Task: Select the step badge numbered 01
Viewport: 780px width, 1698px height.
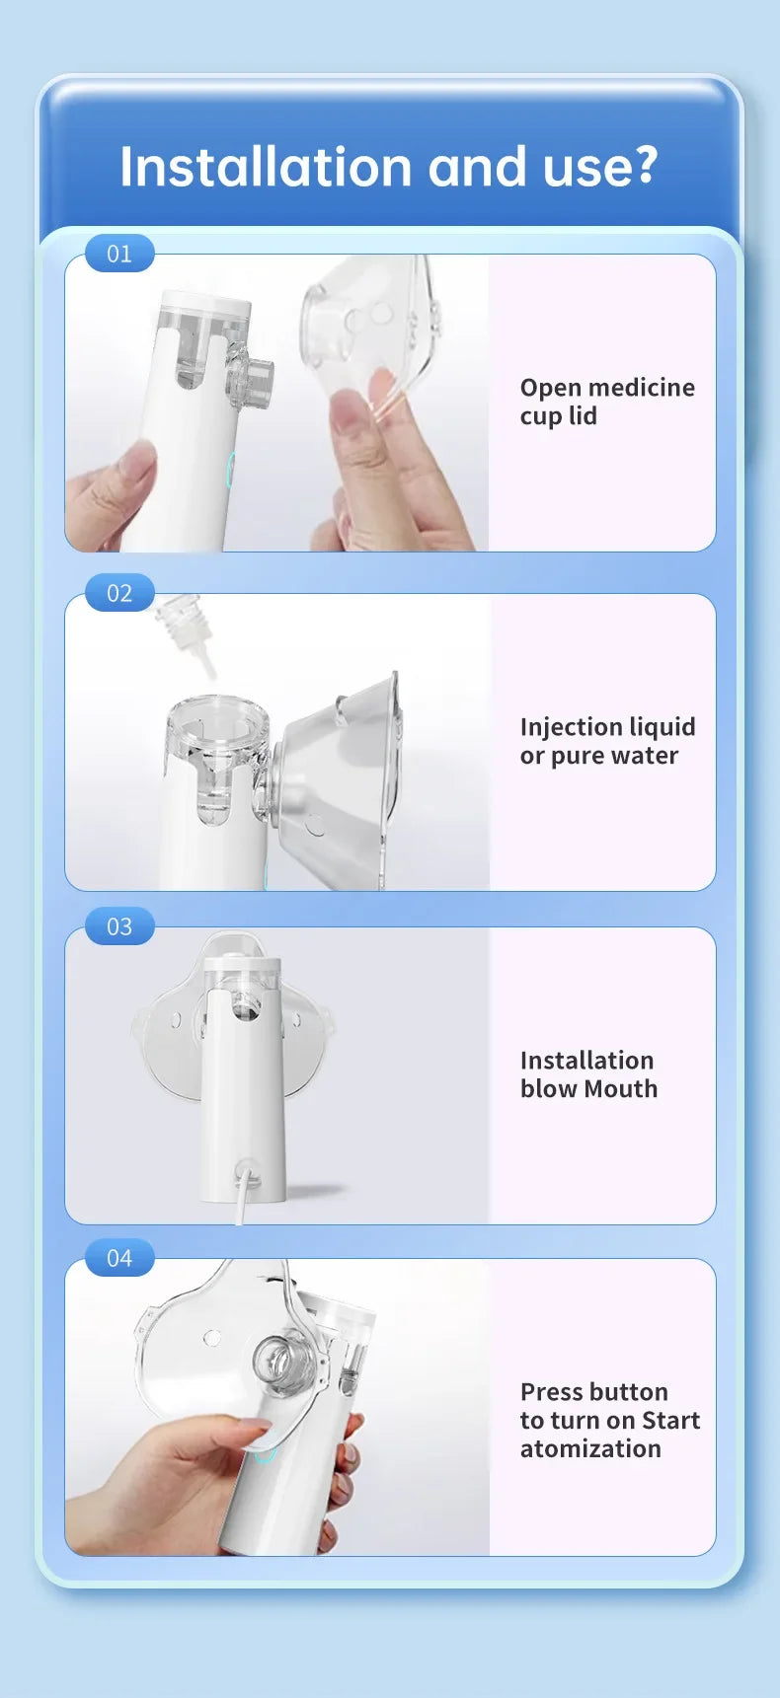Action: coord(119,254)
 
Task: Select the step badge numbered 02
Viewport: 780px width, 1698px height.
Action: coord(119,593)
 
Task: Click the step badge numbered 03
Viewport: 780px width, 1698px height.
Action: coord(119,926)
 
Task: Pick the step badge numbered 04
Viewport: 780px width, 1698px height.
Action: coord(119,1258)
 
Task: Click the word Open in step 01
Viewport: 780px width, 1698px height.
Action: coord(550,389)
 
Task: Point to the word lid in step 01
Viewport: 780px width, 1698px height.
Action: coord(583,416)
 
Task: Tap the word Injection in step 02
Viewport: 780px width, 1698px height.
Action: coord(567,728)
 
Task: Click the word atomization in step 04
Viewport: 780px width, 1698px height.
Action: coord(590,1449)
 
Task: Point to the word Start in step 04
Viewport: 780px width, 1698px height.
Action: coord(670,1421)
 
